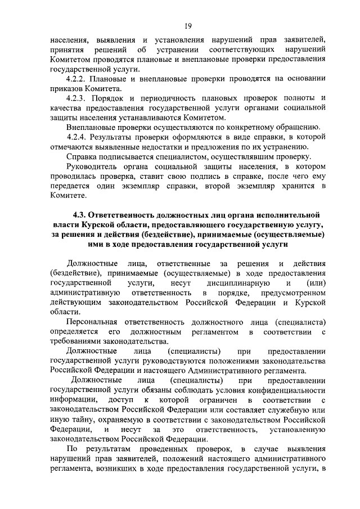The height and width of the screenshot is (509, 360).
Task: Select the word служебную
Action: pyautogui.click(x=283, y=409)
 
